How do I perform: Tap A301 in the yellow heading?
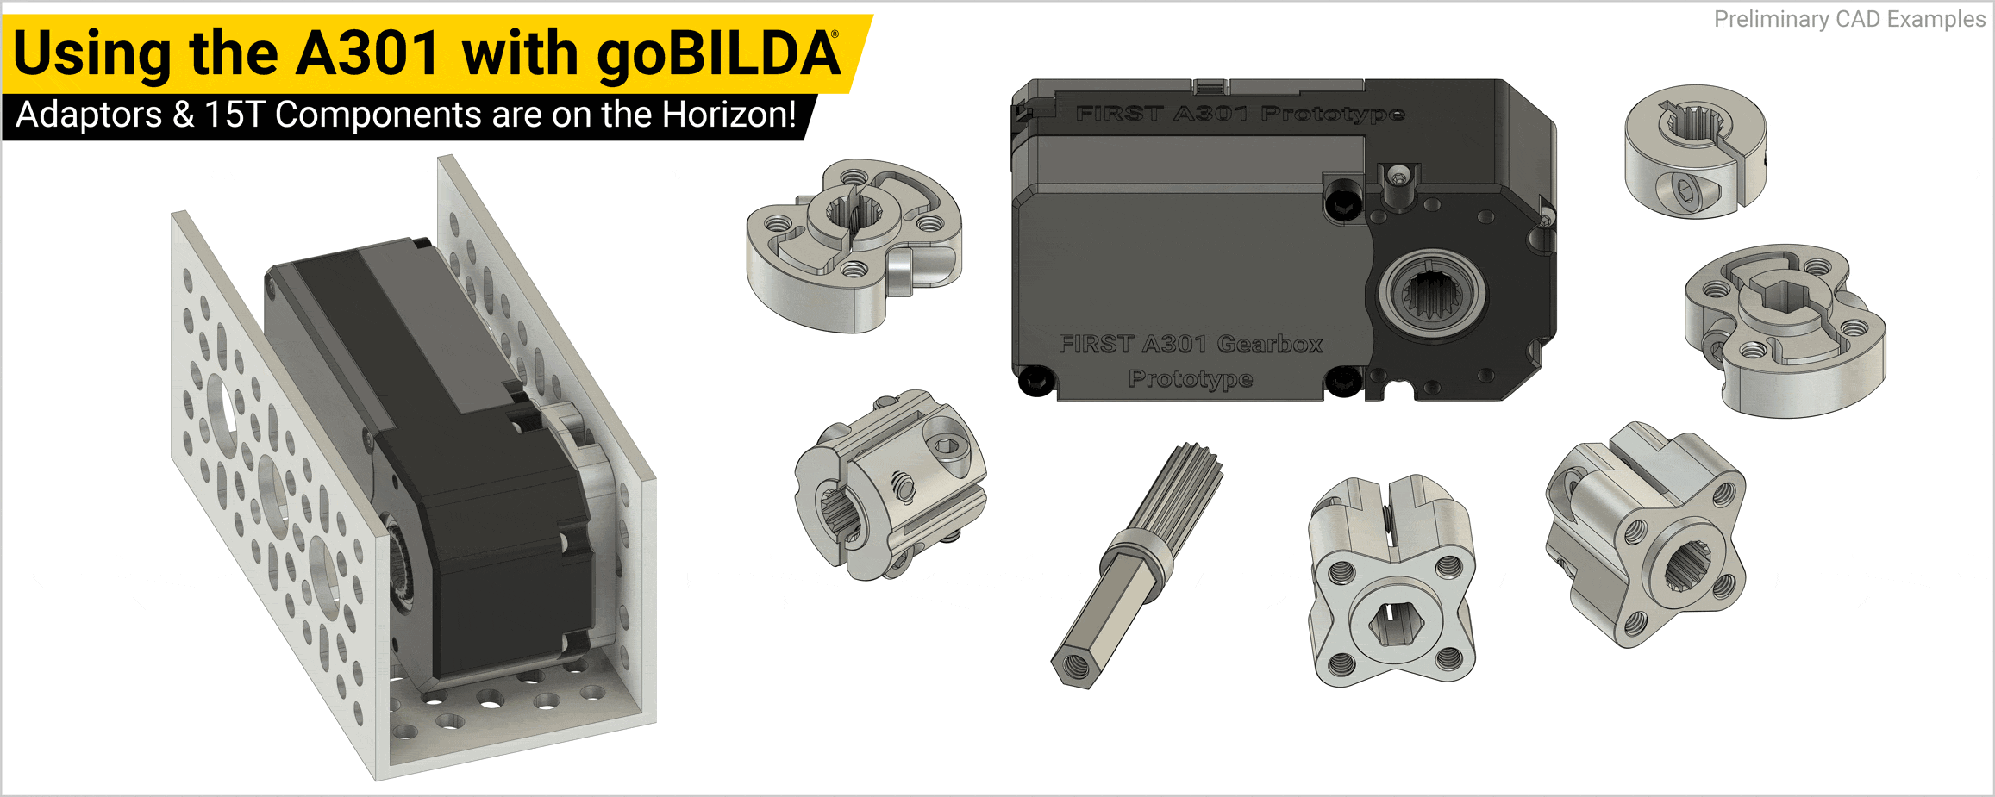point(369,53)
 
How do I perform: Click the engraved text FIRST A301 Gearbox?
point(1190,344)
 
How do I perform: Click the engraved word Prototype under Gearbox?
point(1191,378)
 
